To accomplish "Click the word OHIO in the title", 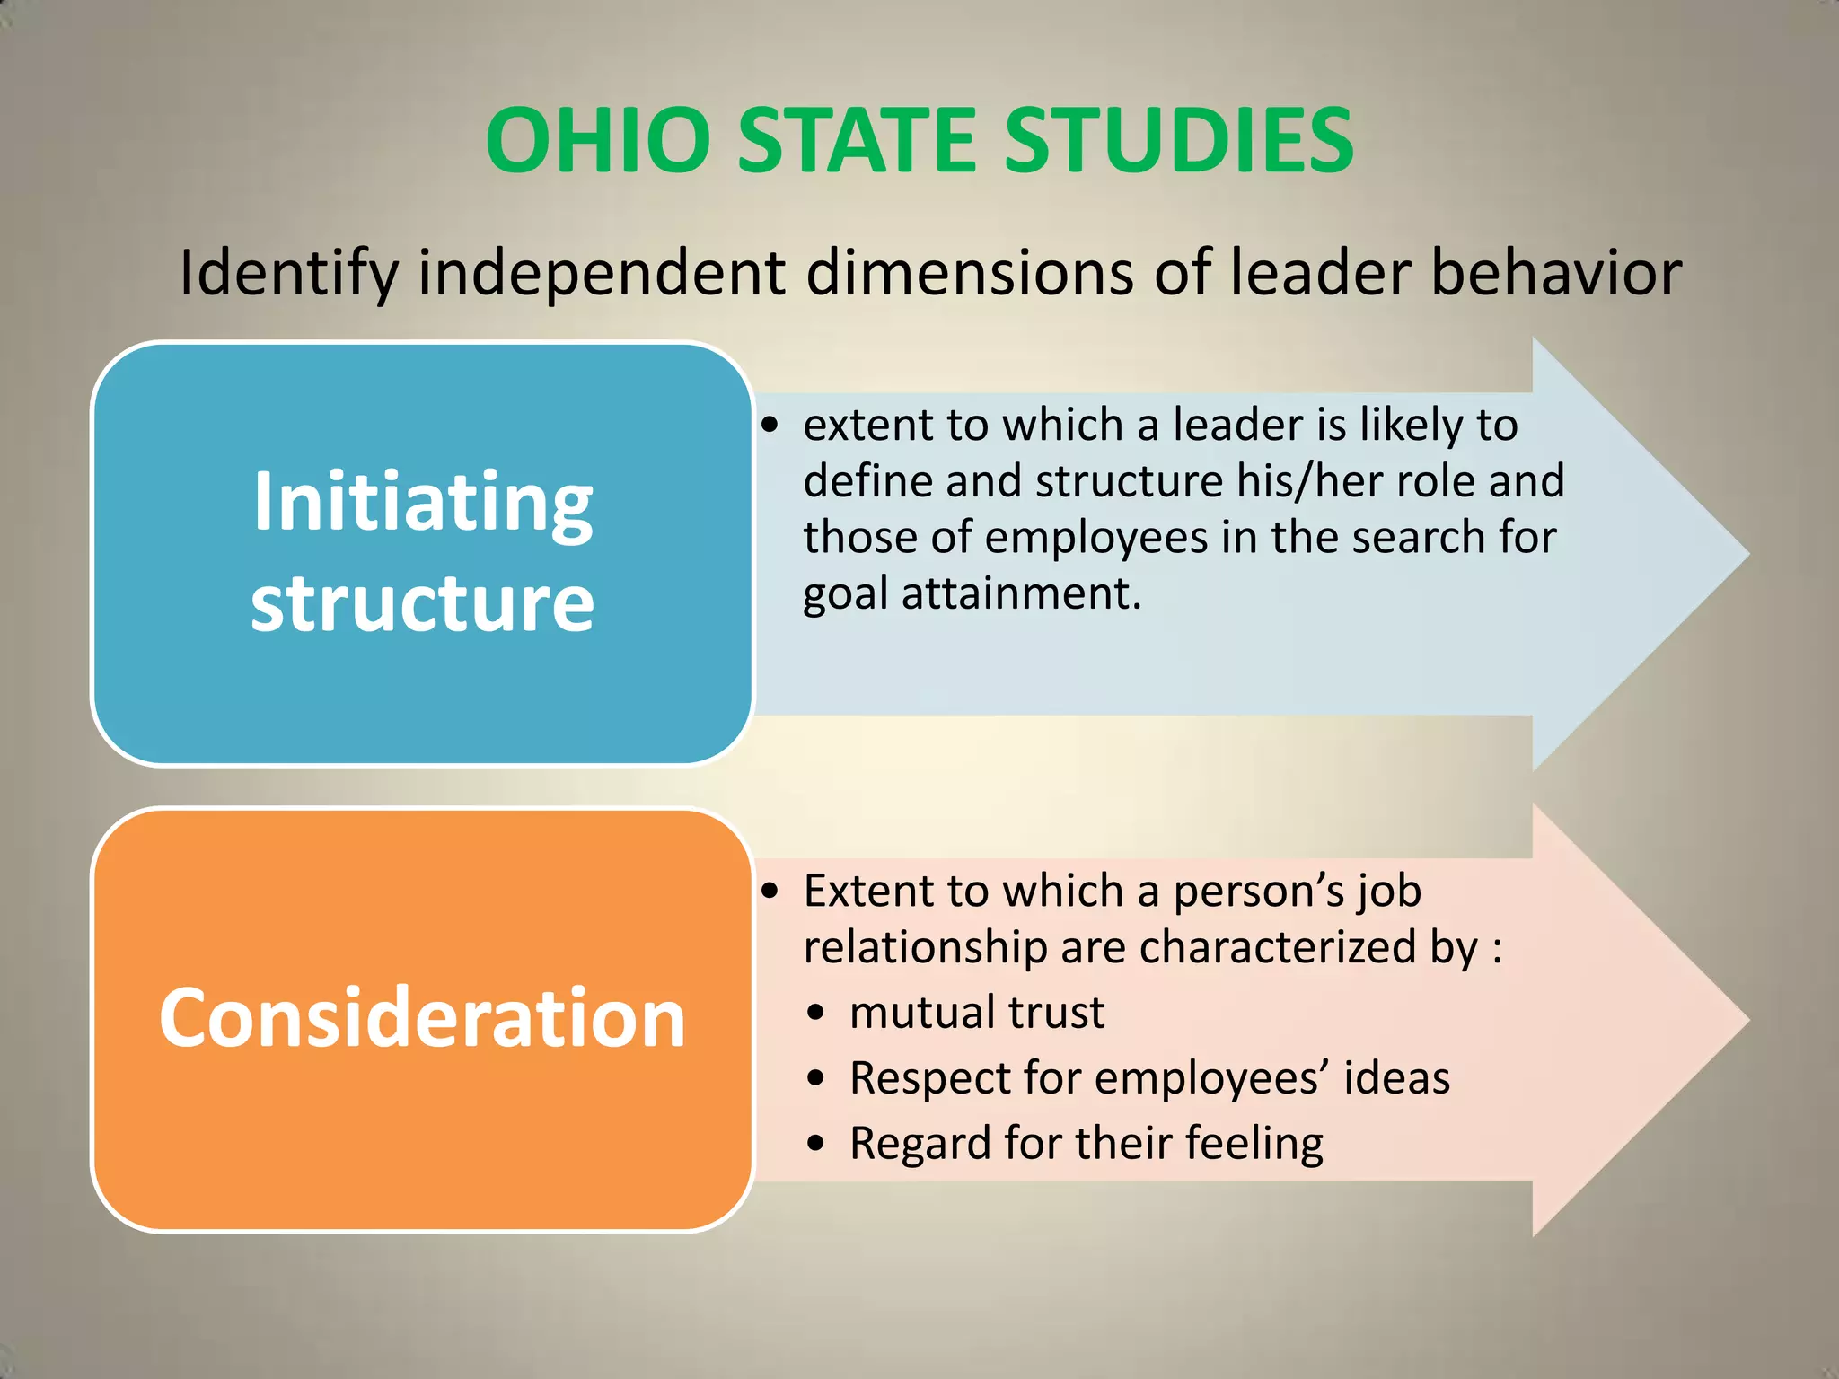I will click(598, 141).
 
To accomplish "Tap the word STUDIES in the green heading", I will click(1177, 141).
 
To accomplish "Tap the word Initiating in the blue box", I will click(422, 502).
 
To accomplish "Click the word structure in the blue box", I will click(422, 603).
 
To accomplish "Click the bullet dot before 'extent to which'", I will click(770, 426).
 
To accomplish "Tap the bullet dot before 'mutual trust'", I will click(815, 1014).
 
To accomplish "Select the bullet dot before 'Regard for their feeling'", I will click(815, 1144).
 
